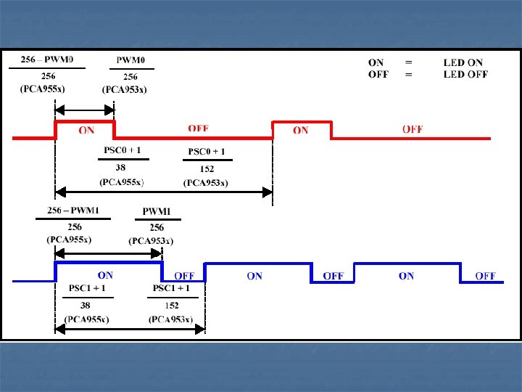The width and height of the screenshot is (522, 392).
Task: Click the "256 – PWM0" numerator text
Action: [46, 60]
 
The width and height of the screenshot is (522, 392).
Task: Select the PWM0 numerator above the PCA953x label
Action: [131, 60]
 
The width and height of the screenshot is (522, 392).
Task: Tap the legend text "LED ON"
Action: [463, 63]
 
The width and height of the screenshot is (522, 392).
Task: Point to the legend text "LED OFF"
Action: [465, 74]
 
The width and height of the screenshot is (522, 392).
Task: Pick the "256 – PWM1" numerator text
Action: [73, 211]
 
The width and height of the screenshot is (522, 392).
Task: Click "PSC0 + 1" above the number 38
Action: [123, 151]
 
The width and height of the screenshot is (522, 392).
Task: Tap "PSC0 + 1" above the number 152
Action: [207, 151]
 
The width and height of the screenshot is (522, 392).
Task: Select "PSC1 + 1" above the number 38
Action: [87, 288]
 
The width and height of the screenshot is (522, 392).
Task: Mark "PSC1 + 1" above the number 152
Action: [171, 288]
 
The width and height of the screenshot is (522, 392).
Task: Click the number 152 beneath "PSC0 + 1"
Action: [206, 169]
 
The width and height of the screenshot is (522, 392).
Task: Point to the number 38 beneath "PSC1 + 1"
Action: [86, 306]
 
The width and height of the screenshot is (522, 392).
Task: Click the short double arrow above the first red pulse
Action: [85, 110]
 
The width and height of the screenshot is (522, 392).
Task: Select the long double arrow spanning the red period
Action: [164, 192]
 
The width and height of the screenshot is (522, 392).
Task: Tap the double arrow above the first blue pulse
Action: [109, 253]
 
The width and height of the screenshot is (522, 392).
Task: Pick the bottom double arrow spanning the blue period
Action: [130, 329]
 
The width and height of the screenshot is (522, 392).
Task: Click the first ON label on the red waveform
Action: [86, 131]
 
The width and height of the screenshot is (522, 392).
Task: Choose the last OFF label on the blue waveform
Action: [485, 276]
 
